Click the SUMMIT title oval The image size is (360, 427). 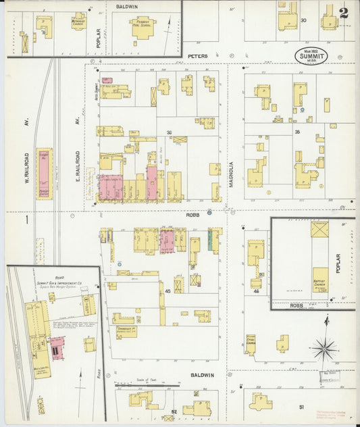[x=311, y=56]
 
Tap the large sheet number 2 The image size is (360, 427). [x=344, y=13]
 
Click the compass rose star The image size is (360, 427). [x=325, y=349]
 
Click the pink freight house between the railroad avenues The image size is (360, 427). [x=43, y=173]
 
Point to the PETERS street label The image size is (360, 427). [x=197, y=56]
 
